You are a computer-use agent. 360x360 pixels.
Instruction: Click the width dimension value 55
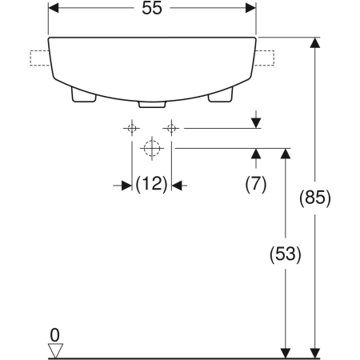click(x=152, y=8)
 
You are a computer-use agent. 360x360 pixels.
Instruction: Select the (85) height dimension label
click(x=314, y=198)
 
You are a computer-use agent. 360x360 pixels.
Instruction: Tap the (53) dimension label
click(x=285, y=254)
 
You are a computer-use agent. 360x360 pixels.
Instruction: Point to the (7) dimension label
click(x=256, y=184)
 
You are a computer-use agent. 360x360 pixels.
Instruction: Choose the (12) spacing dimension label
click(x=151, y=184)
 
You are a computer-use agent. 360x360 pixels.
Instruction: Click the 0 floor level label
click(x=54, y=335)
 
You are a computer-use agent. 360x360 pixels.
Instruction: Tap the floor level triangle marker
click(x=55, y=350)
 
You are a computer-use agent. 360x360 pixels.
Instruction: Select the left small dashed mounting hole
click(x=132, y=128)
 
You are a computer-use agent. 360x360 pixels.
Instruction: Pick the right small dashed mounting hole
click(x=171, y=128)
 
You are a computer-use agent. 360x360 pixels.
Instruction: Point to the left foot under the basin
click(x=83, y=95)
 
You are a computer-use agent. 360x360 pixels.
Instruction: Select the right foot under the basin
click(x=221, y=95)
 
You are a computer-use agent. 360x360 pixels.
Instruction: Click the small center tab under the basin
click(x=152, y=104)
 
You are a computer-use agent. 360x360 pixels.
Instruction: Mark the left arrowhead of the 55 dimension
click(x=54, y=8)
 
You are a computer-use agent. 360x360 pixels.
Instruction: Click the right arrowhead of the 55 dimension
click(x=250, y=8)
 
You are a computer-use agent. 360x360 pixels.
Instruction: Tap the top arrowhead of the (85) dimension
click(x=315, y=42)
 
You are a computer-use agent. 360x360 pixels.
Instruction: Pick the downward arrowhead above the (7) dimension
click(x=256, y=123)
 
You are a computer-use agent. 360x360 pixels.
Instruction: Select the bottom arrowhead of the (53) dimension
click(x=286, y=354)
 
